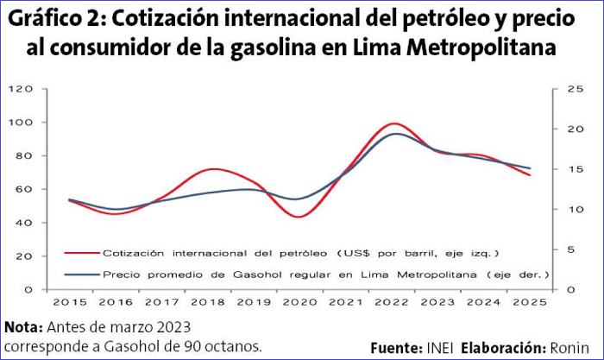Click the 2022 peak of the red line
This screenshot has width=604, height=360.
pyautogui.click(x=393, y=123)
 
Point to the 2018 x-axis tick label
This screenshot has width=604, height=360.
pyautogui.click(x=208, y=302)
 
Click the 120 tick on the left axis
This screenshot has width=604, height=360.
pyautogui.click(x=23, y=89)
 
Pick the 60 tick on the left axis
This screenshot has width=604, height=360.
pyautogui.click(x=27, y=189)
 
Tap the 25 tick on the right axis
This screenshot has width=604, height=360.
pyautogui.click(x=552, y=89)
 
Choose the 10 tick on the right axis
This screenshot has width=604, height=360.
pyautogui.click(x=552, y=210)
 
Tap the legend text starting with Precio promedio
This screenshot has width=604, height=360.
pyautogui.click(x=326, y=275)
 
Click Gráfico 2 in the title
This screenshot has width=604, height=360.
pyautogui.click(x=54, y=18)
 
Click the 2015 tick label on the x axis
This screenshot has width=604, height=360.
pyautogui.click(x=70, y=302)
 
